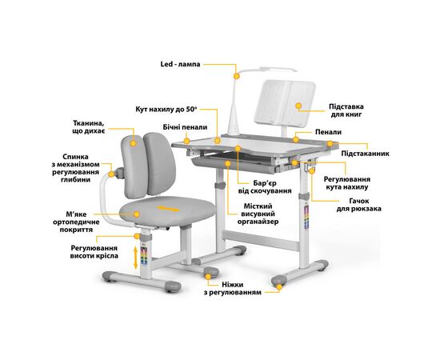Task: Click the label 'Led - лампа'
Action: point(180,64)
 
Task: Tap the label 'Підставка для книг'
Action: point(346,110)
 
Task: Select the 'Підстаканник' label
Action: point(366,154)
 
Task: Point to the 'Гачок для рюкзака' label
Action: point(359,205)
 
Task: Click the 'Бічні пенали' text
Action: point(185,127)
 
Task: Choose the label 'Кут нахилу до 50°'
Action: point(166,109)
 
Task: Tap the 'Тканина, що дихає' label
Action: point(89,127)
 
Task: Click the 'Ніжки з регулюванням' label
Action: point(232,289)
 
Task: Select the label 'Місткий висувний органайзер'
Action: point(258,214)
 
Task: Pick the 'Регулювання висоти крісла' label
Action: point(94,252)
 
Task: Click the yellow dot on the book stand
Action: point(298,106)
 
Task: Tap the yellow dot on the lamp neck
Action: point(237,76)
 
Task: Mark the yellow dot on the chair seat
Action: point(137,214)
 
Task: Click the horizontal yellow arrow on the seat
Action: point(168,209)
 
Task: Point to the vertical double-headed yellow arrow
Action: point(135,258)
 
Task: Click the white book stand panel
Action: point(285,103)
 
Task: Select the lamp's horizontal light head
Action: point(278,69)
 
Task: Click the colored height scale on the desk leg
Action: point(306,217)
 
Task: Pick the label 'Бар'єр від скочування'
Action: point(265,187)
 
